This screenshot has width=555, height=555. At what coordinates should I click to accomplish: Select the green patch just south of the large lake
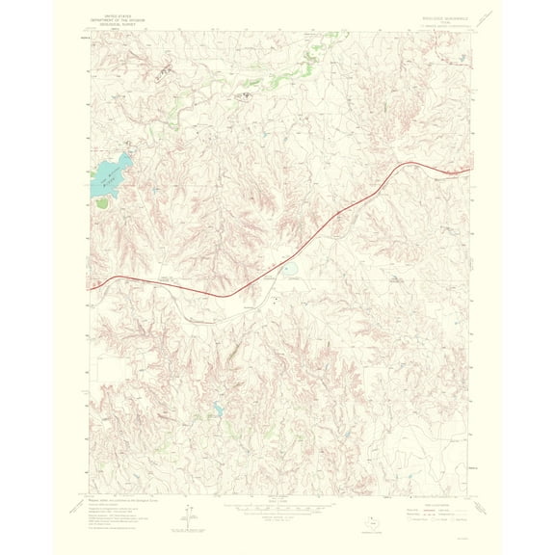point(101,202)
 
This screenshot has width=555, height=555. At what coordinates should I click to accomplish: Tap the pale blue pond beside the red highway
point(289,270)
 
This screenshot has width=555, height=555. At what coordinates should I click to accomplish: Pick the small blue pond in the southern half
point(218,410)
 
